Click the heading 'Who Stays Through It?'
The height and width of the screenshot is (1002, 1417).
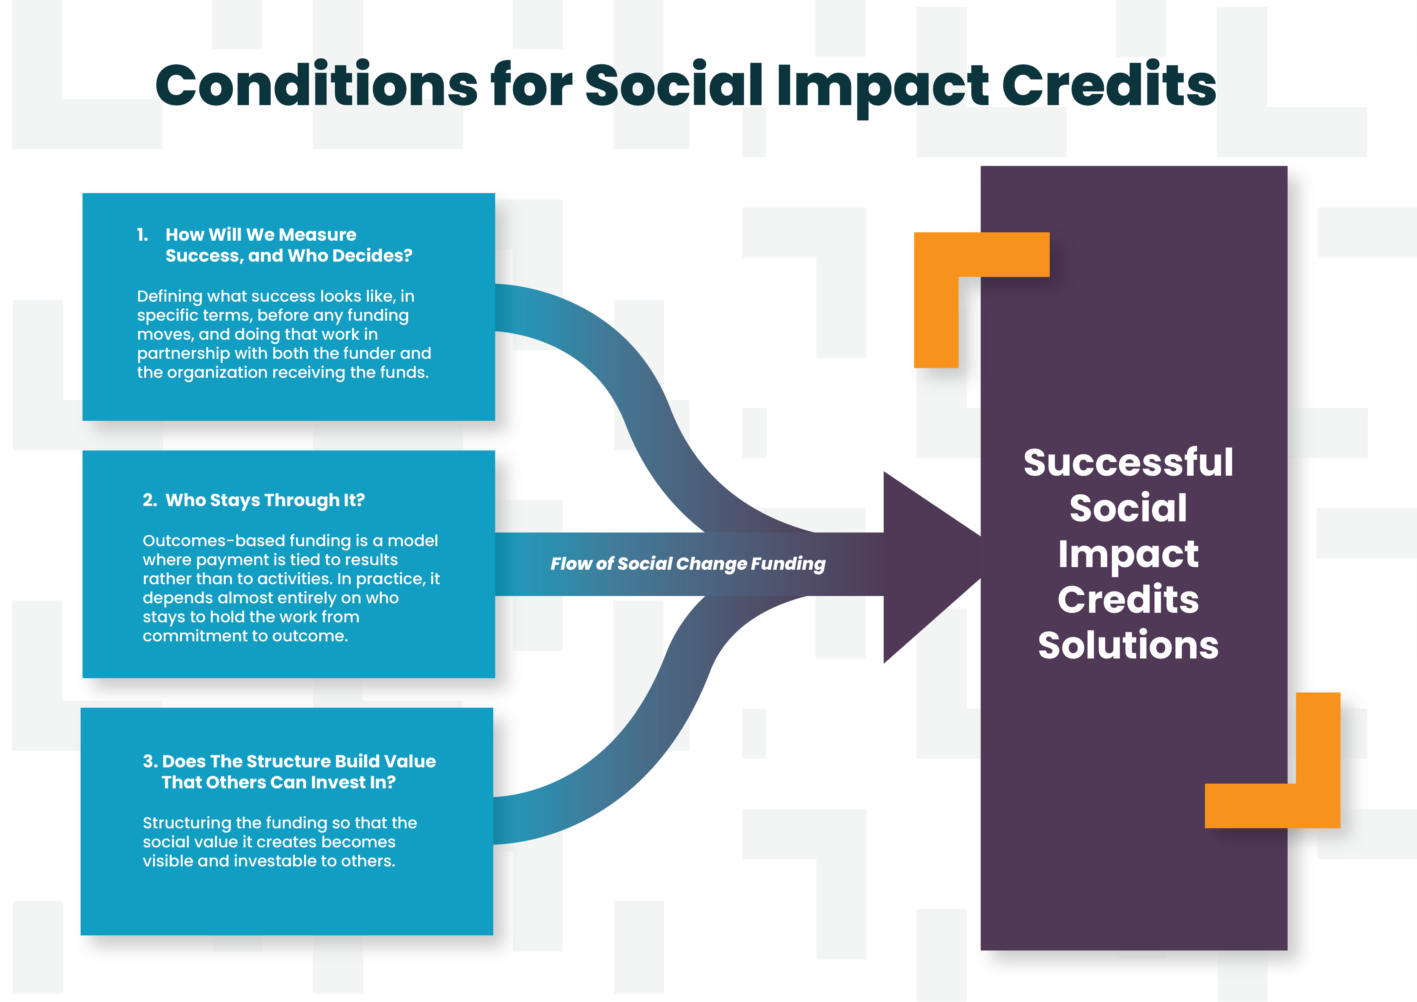tap(265, 500)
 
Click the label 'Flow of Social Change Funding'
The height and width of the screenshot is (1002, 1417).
tap(687, 564)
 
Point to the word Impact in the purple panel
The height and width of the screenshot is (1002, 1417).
tap(1128, 555)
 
